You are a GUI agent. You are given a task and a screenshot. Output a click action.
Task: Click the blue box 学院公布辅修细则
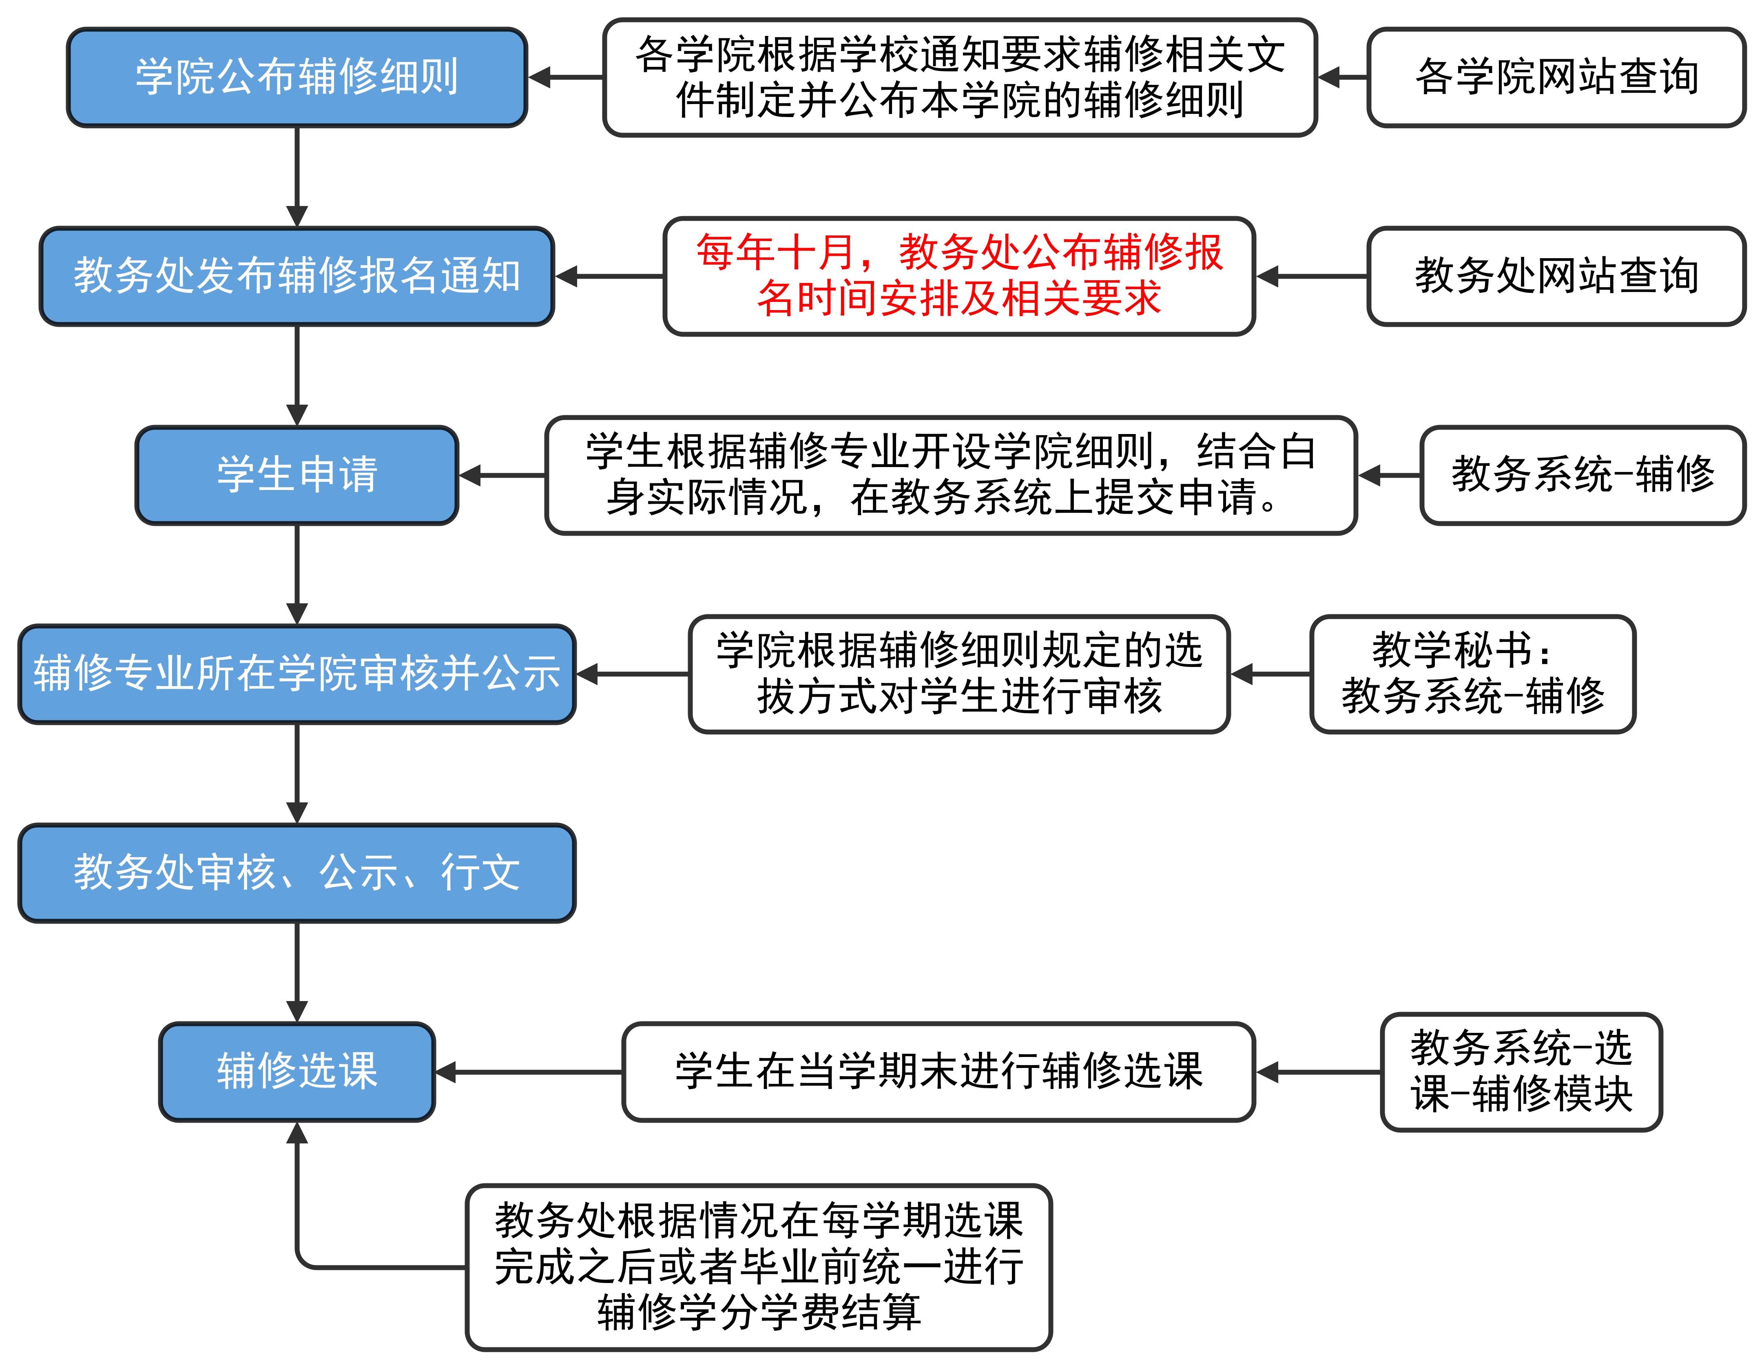coord(297,78)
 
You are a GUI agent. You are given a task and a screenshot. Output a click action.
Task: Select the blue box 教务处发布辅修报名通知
coord(297,276)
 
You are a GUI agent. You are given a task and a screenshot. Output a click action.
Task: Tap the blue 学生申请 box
coord(297,475)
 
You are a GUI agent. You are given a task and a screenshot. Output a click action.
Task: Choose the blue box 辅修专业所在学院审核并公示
coord(297,673)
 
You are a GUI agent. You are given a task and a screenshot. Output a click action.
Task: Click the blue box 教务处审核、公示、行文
coord(297,872)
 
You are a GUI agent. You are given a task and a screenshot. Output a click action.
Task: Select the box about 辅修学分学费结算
coord(759,1267)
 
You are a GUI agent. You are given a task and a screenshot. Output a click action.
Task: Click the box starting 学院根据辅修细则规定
coord(959,673)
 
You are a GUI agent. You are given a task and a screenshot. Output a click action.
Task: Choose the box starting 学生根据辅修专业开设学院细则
coord(951,475)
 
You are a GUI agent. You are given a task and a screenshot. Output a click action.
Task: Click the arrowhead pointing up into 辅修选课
coord(297,1133)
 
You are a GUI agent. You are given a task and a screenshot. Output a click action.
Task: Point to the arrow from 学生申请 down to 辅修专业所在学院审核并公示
coord(297,574)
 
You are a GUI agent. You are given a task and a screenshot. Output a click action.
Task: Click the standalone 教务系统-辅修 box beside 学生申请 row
coord(1582,475)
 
